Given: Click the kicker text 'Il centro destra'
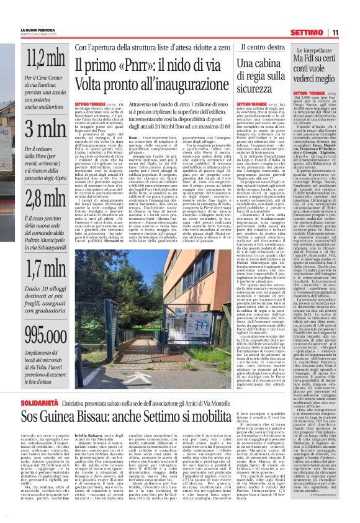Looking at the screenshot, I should pyautogui.click(x=245, y=47).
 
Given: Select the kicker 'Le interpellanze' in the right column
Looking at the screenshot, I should pyautogui.click(x=318, y=47).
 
